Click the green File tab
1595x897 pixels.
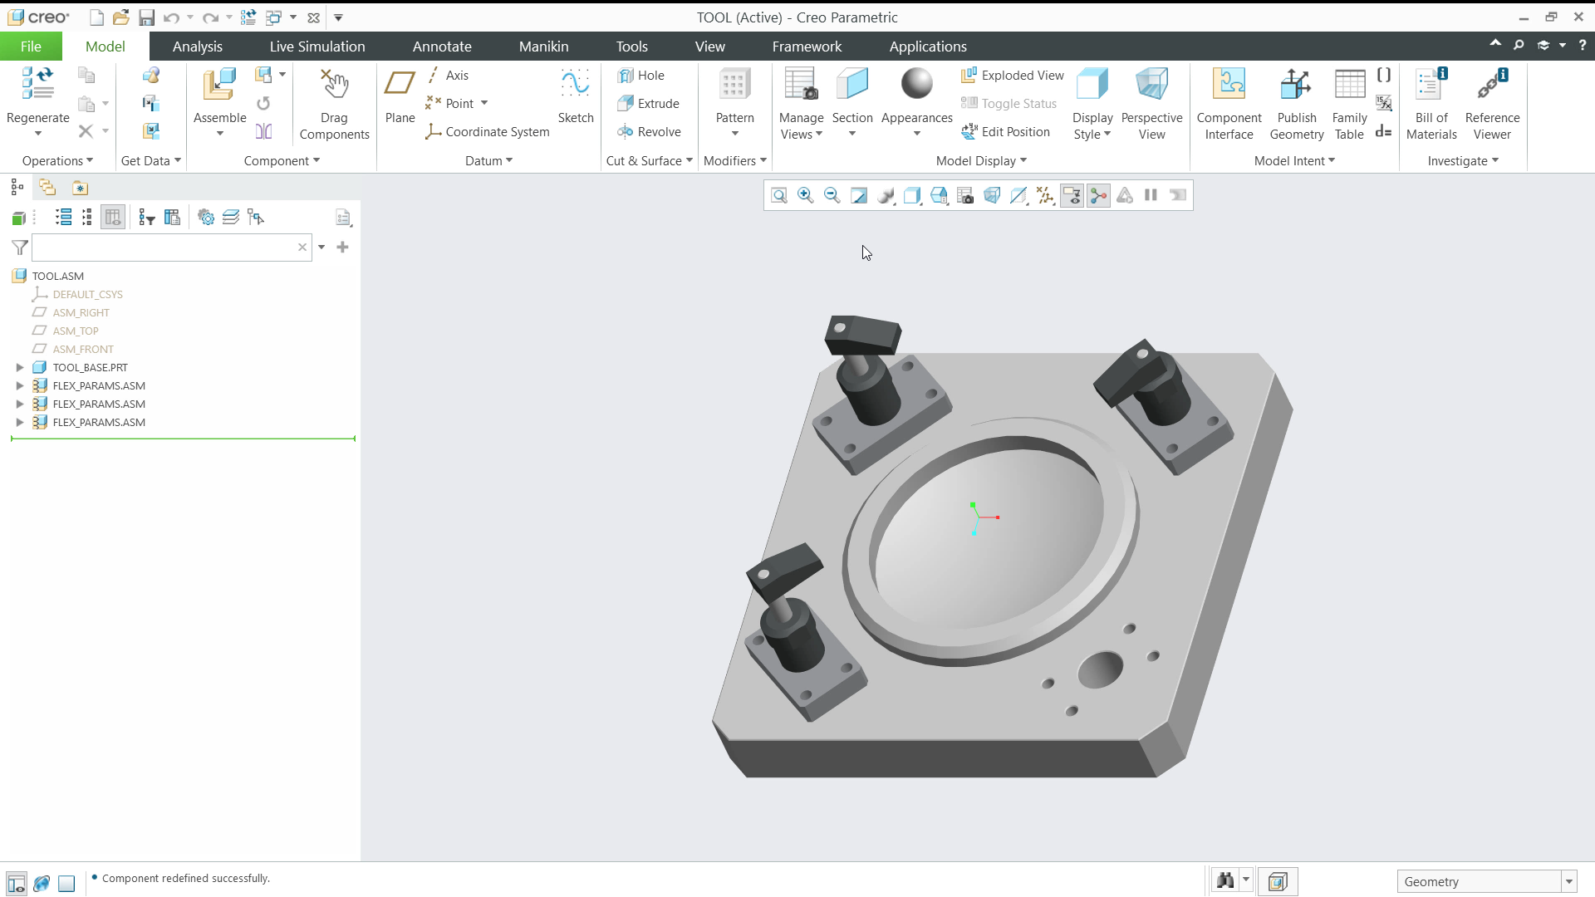31,47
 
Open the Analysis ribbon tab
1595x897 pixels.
198,47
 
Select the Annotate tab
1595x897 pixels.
442,47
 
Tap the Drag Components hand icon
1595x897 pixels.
335,84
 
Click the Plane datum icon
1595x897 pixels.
400,84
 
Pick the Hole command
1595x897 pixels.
641,76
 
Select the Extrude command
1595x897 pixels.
649,104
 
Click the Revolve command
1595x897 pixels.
650,132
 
